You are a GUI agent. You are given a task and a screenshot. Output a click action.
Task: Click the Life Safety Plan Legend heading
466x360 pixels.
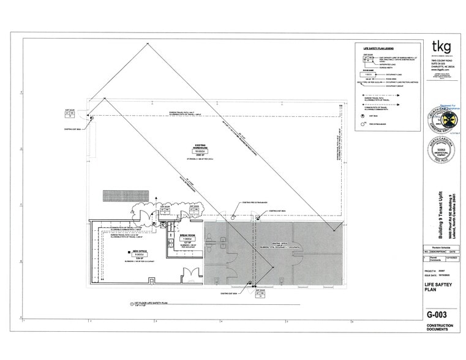coord(378,48)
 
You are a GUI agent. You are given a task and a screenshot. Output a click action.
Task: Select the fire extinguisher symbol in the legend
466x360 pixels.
coord(364,124)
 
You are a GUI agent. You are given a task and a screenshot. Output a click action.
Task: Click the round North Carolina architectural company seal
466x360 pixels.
coord(440,150)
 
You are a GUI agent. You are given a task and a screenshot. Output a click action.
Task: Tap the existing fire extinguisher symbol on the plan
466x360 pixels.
coord(233,216)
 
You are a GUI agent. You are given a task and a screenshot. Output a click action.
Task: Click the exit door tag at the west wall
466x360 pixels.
coord(70,114)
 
